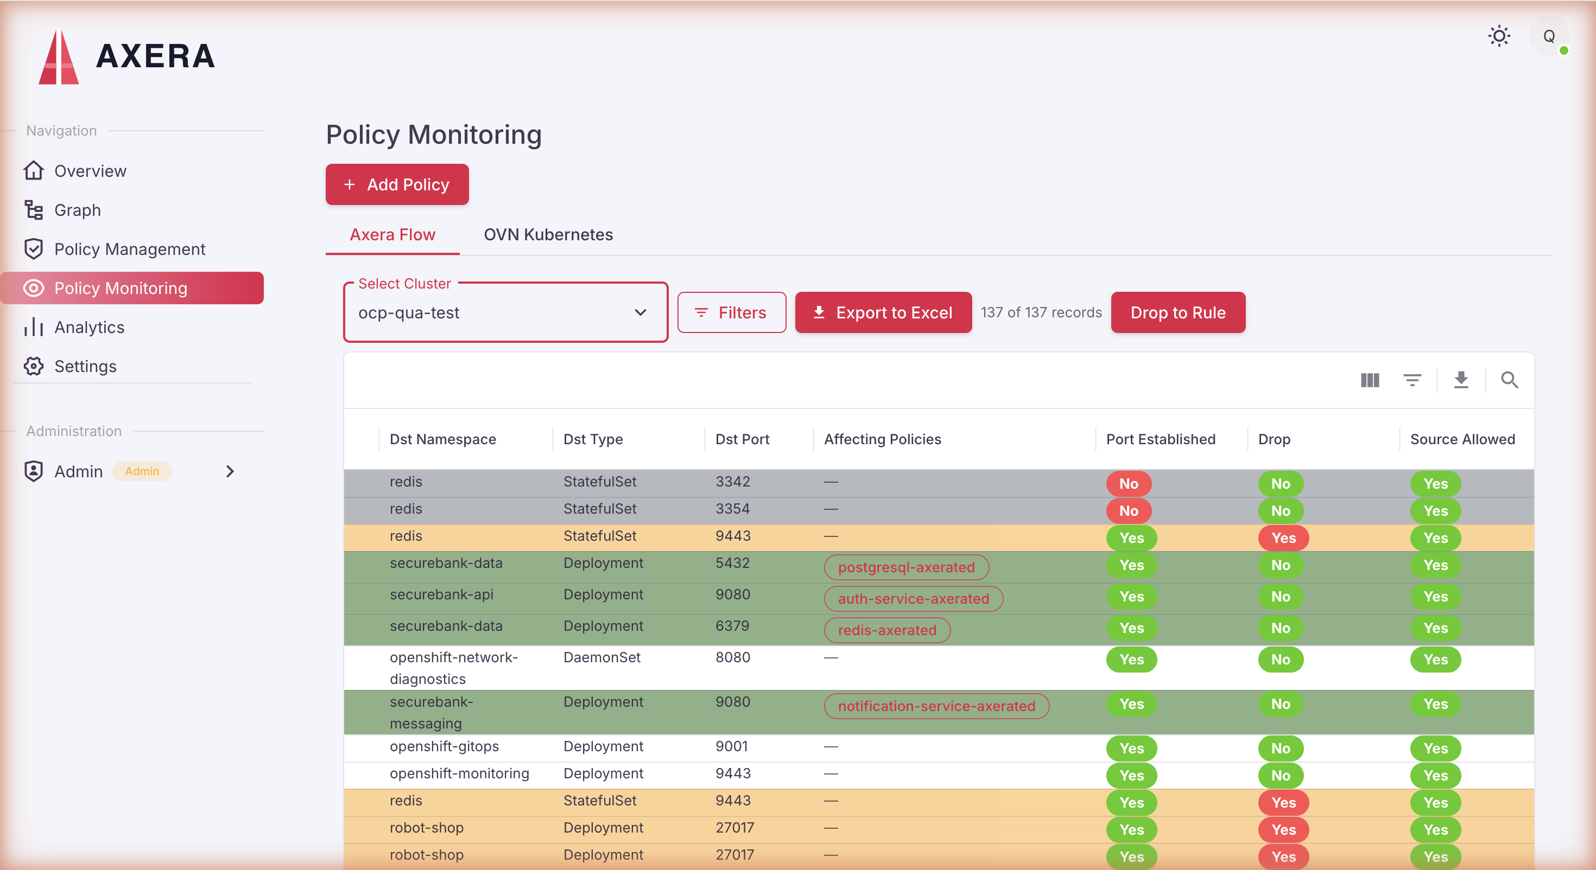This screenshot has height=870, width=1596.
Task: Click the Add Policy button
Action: (x=397, y=184)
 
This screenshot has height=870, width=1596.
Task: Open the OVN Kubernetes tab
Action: (x=548, y=235)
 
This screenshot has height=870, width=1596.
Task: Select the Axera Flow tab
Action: (x=393, y=235)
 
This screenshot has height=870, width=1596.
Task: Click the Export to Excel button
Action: (x=884, y=313)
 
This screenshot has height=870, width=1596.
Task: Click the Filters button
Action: (x=732, y=313)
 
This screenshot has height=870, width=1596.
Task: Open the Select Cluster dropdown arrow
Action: (x=641, y=313)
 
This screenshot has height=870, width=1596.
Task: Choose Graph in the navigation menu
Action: (x=78, y=210)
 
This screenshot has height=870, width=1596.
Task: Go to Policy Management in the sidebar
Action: (x=130, y=250)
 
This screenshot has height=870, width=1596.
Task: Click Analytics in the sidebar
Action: (x=89, y=328)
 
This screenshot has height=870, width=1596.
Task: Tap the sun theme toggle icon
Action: (x=1499, y=36)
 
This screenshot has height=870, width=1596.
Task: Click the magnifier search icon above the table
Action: (x=1510, y=380)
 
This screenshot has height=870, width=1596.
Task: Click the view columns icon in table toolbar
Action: (x=1370, y=380)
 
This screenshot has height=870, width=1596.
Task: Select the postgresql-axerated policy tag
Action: (x=907, y=567)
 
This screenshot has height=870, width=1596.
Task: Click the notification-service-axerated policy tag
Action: (x=937, y=706)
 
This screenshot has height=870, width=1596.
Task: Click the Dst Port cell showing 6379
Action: (x=732, y=626)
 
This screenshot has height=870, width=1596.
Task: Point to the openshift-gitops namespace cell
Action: (x=444, y=747)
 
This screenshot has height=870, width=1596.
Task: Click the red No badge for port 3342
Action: (x=1129, y=484)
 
